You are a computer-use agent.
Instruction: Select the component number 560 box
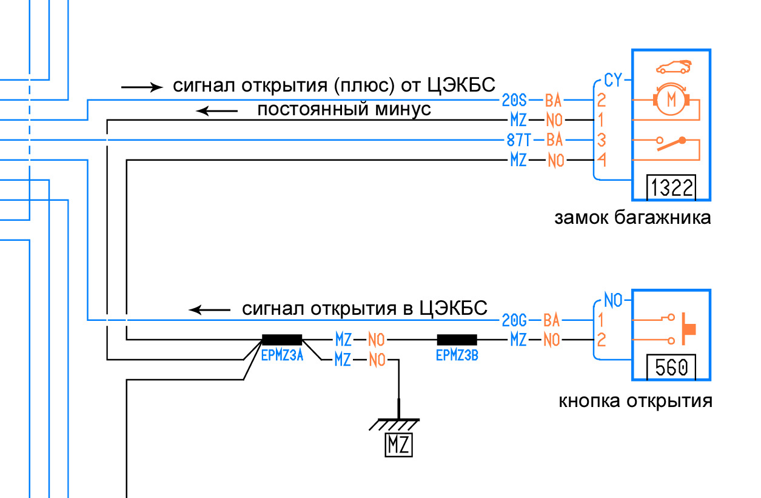tap(671, 368)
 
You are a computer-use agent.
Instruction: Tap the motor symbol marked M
tap(671, 98)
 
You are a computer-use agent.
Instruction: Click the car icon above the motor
tap(673, 65)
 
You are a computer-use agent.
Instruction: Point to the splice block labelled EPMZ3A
tap(282, 340)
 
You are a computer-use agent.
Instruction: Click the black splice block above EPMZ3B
tap(457, 340)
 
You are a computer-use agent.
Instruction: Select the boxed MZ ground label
tap(398, 446)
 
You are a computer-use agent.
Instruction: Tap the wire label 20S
tap(515, 99)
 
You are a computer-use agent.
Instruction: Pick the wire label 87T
tap(518, 141)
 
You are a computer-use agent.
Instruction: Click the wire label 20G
tap(515, 319)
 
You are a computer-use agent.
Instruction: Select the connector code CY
tap(612, 80)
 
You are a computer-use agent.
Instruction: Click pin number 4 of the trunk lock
tap(602, 161)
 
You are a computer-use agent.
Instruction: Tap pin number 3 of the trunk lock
tap(602, 141)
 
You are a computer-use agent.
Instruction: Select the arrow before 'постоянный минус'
tap(216, 110)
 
